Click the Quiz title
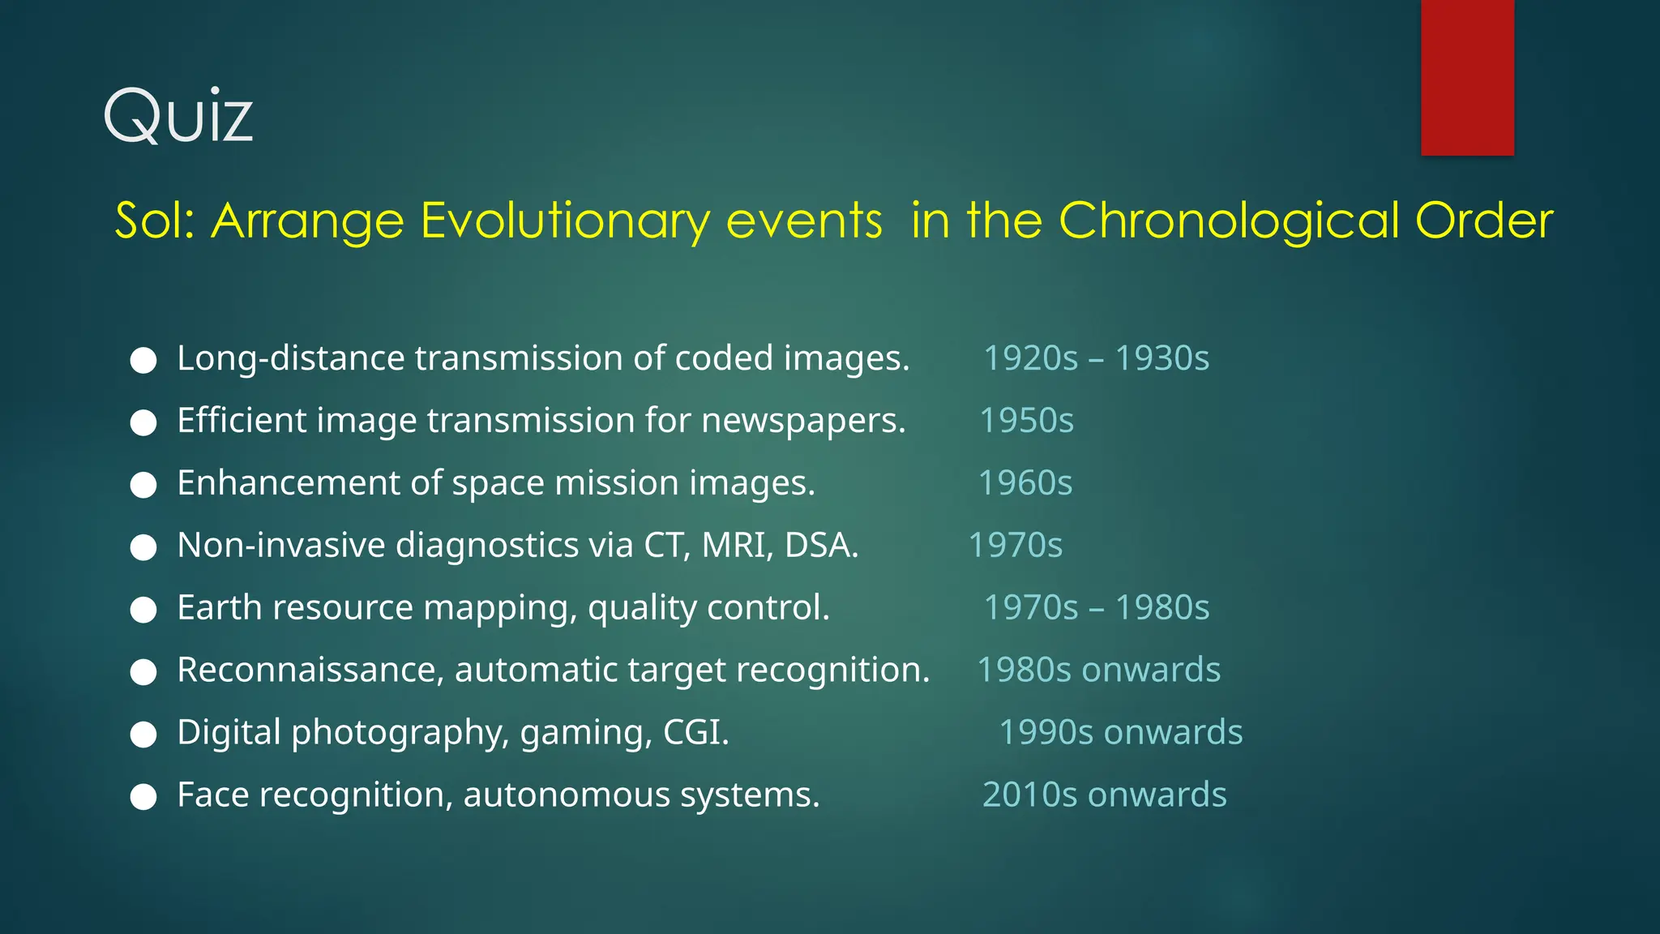(178, 116)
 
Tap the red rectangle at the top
(1467, 77)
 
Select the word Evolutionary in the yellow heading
(565, 221)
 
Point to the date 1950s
(1026, 421)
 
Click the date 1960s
(1025, 483)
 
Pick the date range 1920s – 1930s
(1096, 358)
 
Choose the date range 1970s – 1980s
(1096, 608)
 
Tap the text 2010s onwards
(1104, 795)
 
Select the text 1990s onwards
(1120, 732)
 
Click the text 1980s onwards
(1098, 671)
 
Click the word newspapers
(802, 421)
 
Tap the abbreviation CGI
(695, 732)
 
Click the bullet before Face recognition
(143, 797)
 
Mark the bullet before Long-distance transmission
(143, 361)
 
